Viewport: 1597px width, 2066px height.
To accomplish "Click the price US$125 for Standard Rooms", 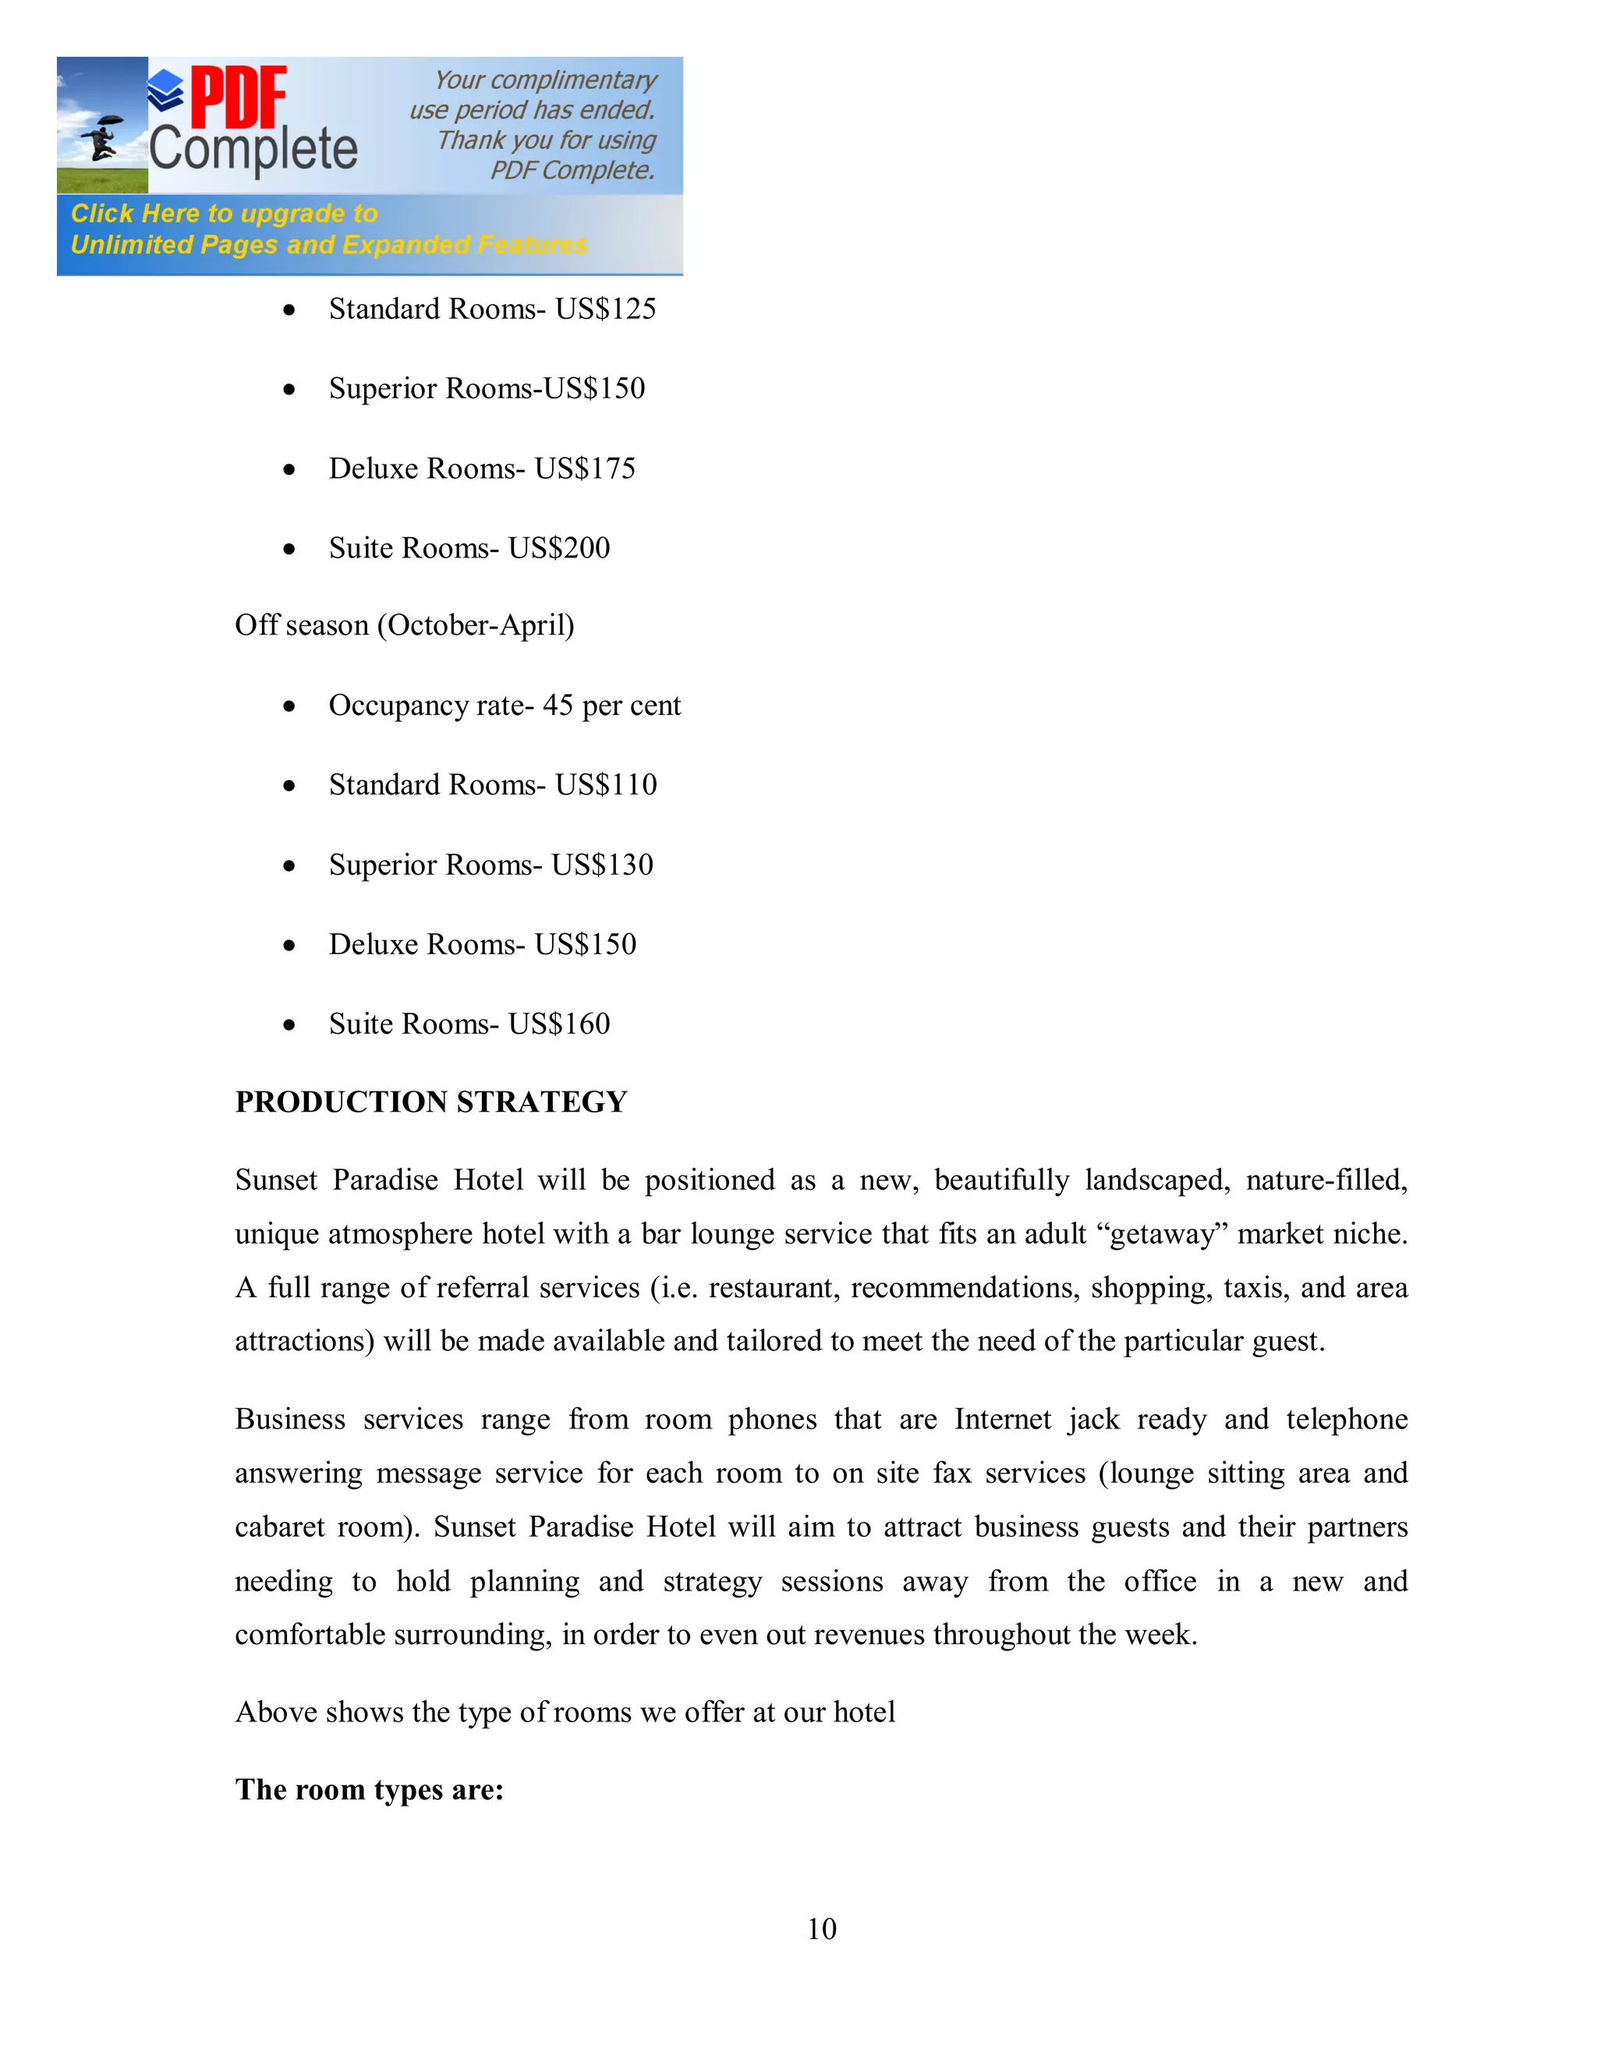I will pos(605,310).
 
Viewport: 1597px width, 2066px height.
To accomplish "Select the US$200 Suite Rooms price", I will pos(559,549).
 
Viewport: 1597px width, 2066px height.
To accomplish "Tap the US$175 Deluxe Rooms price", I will pos(585,469).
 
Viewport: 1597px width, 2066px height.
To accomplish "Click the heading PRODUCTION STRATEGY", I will pos(430,1102).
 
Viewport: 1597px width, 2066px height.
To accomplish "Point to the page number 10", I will pos(821,1929).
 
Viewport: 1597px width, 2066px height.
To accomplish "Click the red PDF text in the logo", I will pos(239,97).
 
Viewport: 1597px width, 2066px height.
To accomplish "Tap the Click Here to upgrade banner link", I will pos(225,214).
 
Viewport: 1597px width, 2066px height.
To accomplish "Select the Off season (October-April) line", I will pos(404,625).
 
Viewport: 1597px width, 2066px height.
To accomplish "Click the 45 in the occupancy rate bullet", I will pos(558,706).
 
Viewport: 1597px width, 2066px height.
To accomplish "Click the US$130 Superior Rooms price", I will pos(603,865).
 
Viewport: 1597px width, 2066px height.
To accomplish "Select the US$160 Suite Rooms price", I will pos(559,1024).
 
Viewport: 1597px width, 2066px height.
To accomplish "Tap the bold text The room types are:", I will pos(369,1790).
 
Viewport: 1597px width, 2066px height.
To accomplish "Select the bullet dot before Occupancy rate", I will pos(289,706).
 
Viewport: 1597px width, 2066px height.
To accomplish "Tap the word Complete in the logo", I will pos(253,150).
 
